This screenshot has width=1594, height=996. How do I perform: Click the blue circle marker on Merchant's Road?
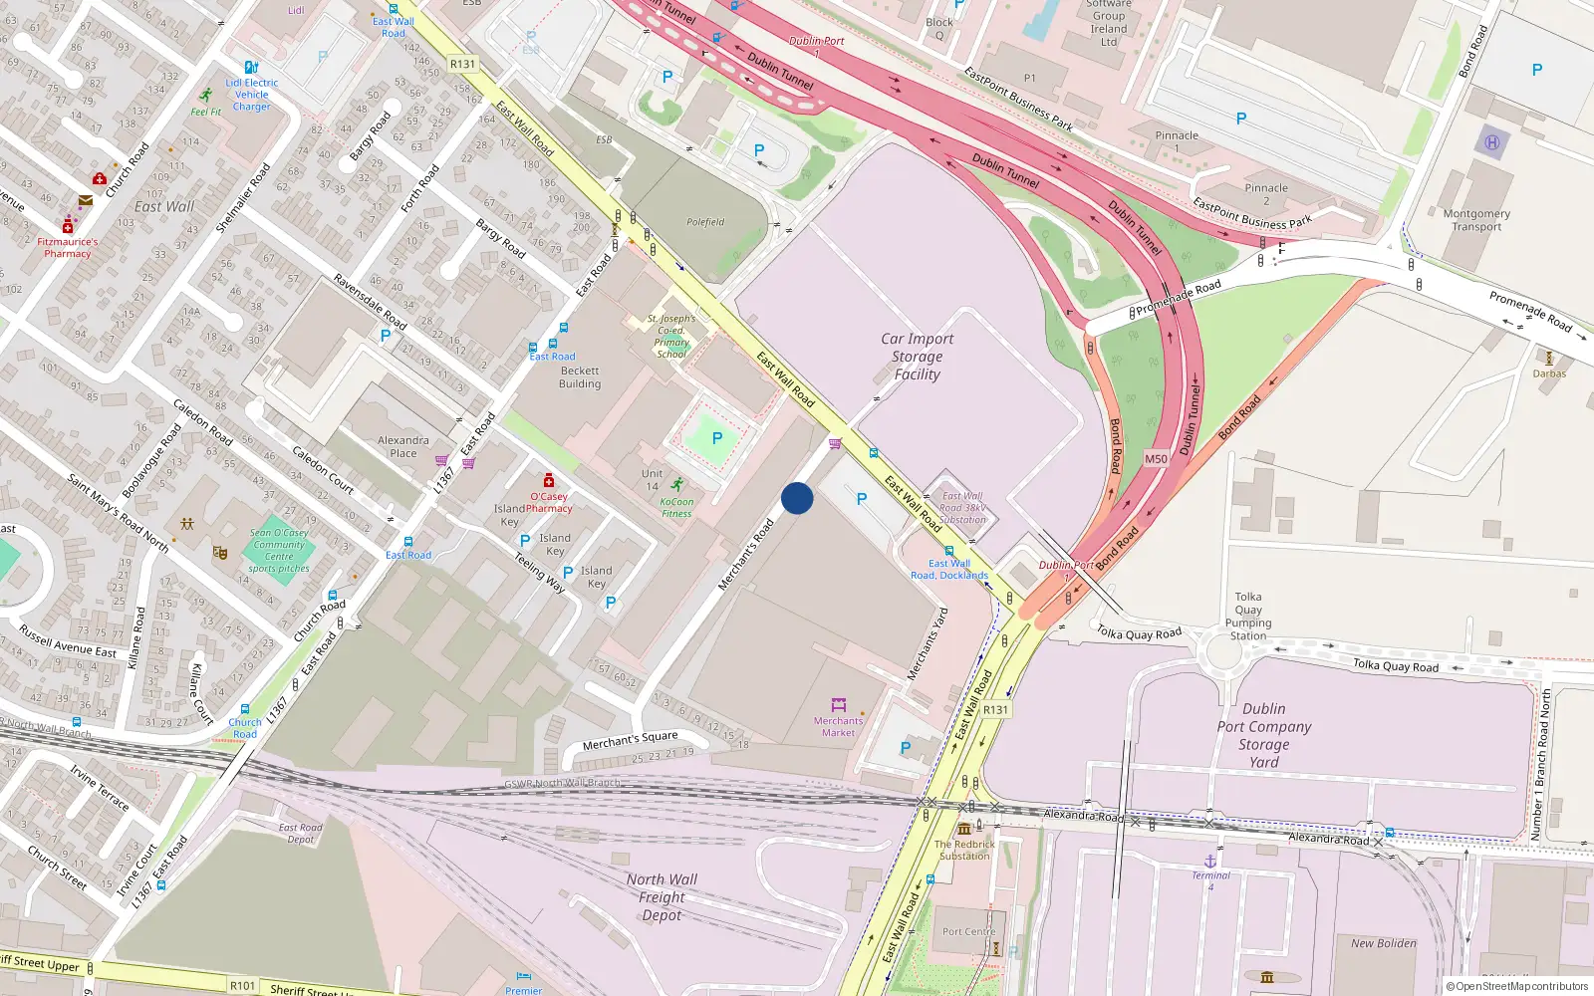(797, 498)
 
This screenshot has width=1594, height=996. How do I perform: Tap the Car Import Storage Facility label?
(917, 357)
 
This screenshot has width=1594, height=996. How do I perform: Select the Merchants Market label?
(838, 726)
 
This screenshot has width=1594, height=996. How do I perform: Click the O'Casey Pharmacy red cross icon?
(548, 481)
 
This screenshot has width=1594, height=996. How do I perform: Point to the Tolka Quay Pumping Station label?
(1247, 617)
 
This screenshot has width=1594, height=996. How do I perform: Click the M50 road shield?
(1156, 459)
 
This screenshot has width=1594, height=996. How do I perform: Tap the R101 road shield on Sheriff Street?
(242, 985)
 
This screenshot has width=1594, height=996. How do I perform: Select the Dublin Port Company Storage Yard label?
(1263, 735)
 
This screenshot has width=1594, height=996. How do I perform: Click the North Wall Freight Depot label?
(662, 896)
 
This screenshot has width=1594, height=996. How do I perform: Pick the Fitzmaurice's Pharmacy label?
(68, 247)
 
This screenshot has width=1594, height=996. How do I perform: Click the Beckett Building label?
(580, 377)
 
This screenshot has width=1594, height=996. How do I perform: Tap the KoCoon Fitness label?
(676, 508)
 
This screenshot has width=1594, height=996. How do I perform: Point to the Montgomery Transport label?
(1476, 220)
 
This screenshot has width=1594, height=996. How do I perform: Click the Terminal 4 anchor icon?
(1210, 861)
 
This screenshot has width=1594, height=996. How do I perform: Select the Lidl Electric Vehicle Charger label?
(251, 95)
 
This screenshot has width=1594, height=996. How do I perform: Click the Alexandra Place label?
(403, 446)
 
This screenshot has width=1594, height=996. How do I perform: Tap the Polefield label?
(705, 222)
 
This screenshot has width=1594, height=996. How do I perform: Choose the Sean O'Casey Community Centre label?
(279, 550)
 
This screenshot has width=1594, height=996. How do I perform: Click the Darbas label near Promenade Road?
(1549, 373)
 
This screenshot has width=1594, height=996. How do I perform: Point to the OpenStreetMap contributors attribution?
(1516, 986)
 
